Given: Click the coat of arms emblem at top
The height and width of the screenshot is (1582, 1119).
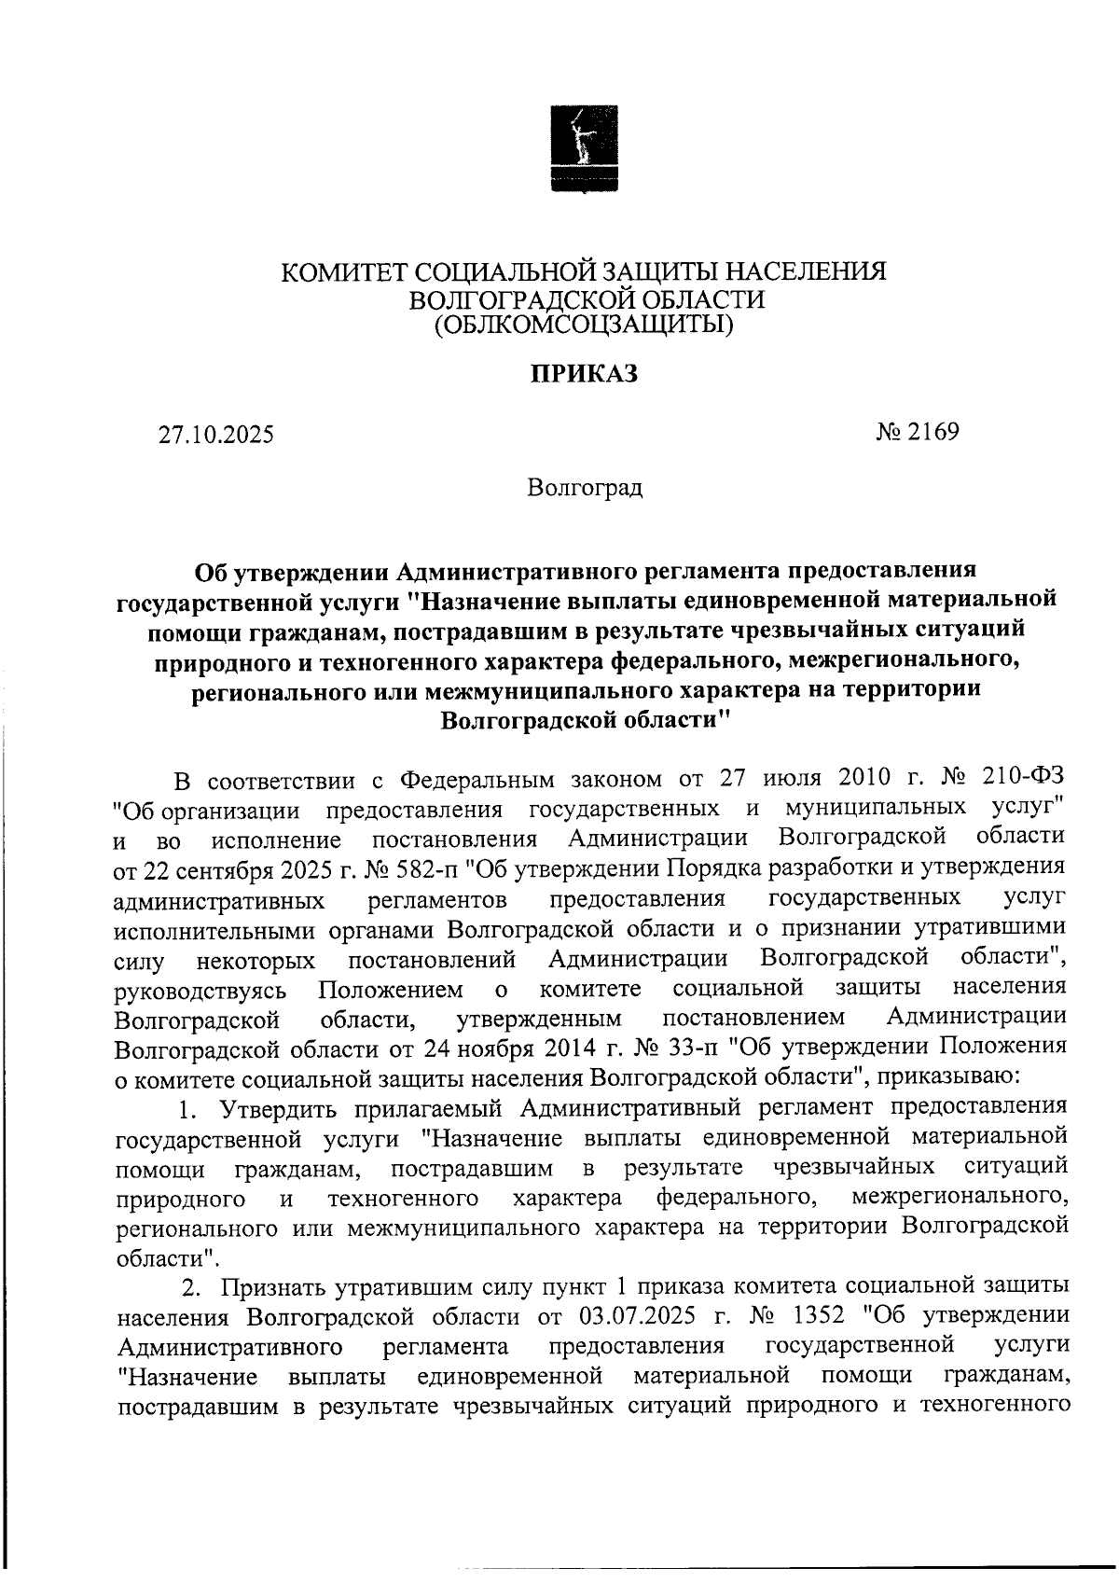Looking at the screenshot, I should (585, 150).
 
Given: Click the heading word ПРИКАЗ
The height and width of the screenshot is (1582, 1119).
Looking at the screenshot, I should (585, 374).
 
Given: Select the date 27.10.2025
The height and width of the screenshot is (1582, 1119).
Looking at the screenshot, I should (215, 435).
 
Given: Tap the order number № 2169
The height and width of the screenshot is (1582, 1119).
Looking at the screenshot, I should (918, 432).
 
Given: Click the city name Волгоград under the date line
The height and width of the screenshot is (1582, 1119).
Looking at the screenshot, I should (585, 488).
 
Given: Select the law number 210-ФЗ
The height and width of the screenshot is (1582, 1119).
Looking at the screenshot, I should (1024, 778).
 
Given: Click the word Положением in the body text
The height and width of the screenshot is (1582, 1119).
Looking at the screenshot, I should (389, 988).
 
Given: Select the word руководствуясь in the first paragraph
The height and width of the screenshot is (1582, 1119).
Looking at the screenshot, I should (200, 988).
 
